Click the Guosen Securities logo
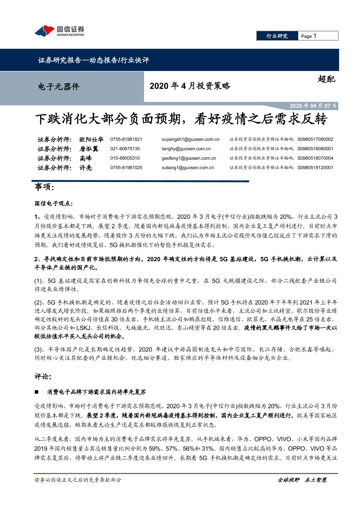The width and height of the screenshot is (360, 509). [59, 31]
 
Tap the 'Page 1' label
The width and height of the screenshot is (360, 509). [308, 36]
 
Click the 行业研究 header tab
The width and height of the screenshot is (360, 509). [277, 36]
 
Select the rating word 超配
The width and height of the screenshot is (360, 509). [326, 79]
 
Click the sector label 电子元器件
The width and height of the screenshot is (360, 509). [59, 86]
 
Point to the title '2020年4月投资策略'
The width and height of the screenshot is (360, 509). [190, 86]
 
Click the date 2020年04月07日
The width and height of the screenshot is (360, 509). [313, 106]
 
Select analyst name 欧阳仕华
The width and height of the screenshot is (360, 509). [91, 139]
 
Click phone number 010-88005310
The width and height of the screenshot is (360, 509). [125, 158]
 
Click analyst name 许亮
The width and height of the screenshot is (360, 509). [86, 168]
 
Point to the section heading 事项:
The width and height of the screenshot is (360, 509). [44, 188]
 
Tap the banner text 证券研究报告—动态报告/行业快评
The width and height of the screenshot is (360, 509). [94, 61]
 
